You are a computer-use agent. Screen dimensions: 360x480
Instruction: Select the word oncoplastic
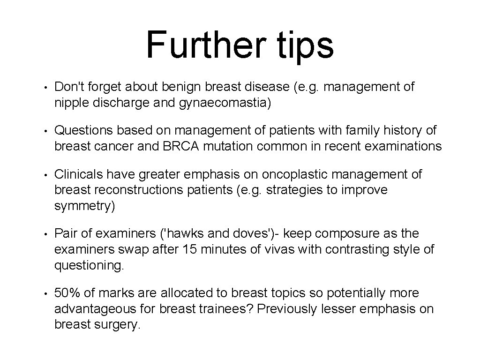(x=292, y=175)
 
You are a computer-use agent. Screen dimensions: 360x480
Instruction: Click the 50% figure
(x=68, y=293)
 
